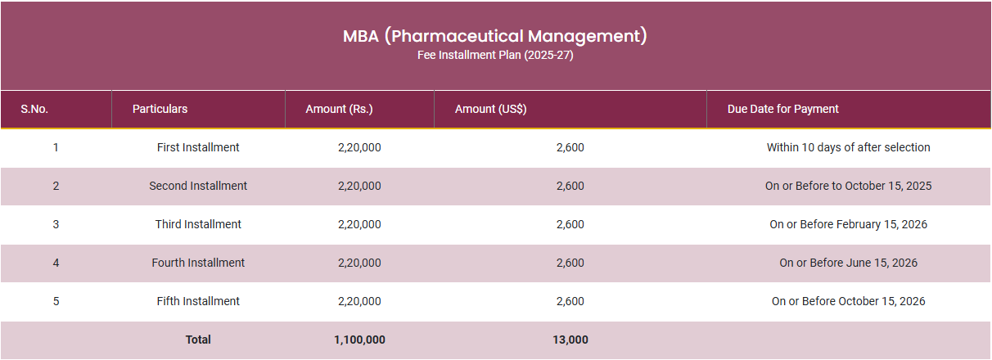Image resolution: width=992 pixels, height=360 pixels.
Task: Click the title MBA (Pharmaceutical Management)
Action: (x=495, y=36)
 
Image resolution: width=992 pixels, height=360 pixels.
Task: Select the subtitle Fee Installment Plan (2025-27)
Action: (x=495, y=56)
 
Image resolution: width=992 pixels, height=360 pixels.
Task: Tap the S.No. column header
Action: (x=34, y=109)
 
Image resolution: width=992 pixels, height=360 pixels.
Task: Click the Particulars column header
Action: (x=160, y=109)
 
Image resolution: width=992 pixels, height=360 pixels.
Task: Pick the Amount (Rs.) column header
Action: (x=339, y=109)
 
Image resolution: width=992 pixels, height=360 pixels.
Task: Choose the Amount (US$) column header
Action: (x=490, y=109)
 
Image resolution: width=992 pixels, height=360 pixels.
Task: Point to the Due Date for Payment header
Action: (x=782, y=109)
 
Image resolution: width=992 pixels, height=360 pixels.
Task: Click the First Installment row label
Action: (x=198, y=147)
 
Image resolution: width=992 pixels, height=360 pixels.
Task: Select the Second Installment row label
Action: (x=198, y=186)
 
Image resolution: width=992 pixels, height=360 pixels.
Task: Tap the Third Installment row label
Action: (x=198, y=224)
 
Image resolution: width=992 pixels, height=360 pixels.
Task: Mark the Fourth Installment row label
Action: (x=198, y=263)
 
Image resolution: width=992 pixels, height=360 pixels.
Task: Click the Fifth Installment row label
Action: (x=198, y=301)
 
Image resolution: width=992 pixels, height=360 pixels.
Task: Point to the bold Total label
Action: (x=198, y=340)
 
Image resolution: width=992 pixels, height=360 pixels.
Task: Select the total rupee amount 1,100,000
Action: (x=359, y=340)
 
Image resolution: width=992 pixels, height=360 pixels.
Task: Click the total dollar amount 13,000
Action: (x=570, y=340)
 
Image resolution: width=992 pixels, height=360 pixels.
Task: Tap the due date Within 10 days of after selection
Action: (x=848, y=147)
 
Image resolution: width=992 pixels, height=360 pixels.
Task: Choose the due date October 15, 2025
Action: (x=848, y=186)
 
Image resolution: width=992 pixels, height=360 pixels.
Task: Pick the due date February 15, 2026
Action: (x=848, y=224)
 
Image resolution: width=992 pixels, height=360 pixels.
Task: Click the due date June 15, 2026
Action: (x=848, y=263)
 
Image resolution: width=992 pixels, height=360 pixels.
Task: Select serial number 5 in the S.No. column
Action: (x=56, y=301)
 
